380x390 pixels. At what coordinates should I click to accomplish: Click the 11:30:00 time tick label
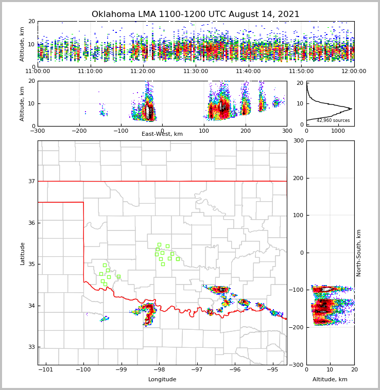196,72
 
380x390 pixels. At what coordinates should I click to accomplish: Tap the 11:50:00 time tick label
301,72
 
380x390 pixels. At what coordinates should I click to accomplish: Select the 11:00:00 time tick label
38,72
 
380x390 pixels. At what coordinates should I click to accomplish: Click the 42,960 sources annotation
333,121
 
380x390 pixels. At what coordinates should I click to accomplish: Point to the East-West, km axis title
162,134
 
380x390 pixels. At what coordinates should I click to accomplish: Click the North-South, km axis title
359,253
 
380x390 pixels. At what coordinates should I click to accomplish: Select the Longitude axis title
162,380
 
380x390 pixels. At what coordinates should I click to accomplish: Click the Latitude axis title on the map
23,253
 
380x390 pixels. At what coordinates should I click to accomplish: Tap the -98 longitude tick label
159,369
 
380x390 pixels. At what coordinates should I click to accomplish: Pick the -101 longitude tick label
46,369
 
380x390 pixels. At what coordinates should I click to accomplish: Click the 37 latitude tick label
31,181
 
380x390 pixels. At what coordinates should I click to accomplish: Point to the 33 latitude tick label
31,347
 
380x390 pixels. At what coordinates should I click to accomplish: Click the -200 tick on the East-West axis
79,131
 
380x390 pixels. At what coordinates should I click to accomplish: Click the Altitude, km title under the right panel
330,380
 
